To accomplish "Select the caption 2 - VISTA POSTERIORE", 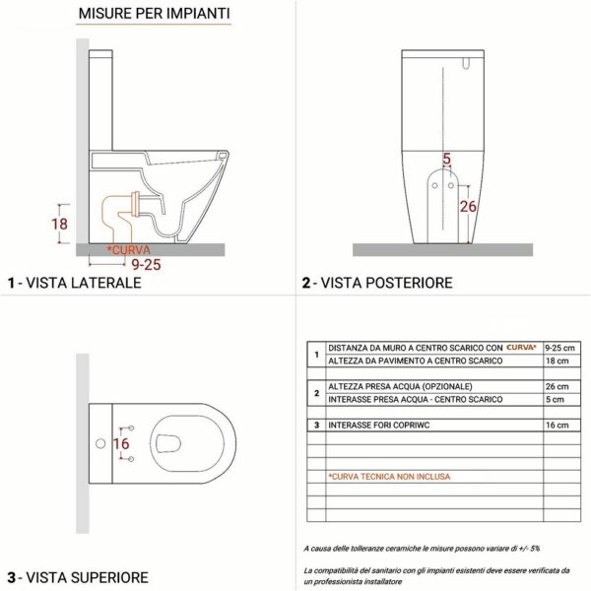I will pyautogui.click(x=377, y=283).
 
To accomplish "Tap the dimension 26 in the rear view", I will pyautogui.click(x=469, y=206).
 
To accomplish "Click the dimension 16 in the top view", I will pyautogui.click(x=121, y=444).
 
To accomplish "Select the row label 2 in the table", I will pyautogui.click(x=314, y=392).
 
